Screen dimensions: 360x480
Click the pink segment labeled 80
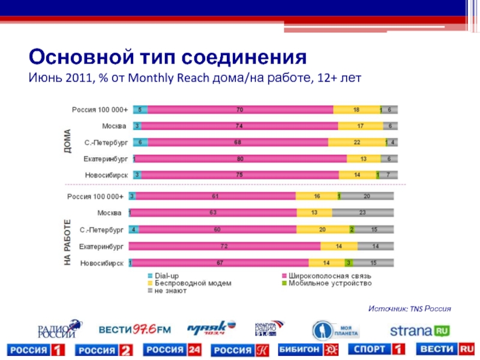click(241, 158)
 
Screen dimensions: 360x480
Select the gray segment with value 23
click(363, 212)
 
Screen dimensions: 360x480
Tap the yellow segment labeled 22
click(356, 142)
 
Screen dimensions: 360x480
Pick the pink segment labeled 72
click(224, 246)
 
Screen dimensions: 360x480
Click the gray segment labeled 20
click(367, 196)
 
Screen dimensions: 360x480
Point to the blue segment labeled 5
click(140, 110)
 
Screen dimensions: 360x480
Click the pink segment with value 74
click(239, 126)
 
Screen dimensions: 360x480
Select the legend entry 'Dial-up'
click(166, 276)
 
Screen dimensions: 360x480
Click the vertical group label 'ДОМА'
click(67, 142)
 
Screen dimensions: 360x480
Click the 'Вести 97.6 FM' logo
click(134, 329)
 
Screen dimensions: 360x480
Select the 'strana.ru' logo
click(420, 331)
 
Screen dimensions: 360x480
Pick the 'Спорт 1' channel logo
click(379, 349)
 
